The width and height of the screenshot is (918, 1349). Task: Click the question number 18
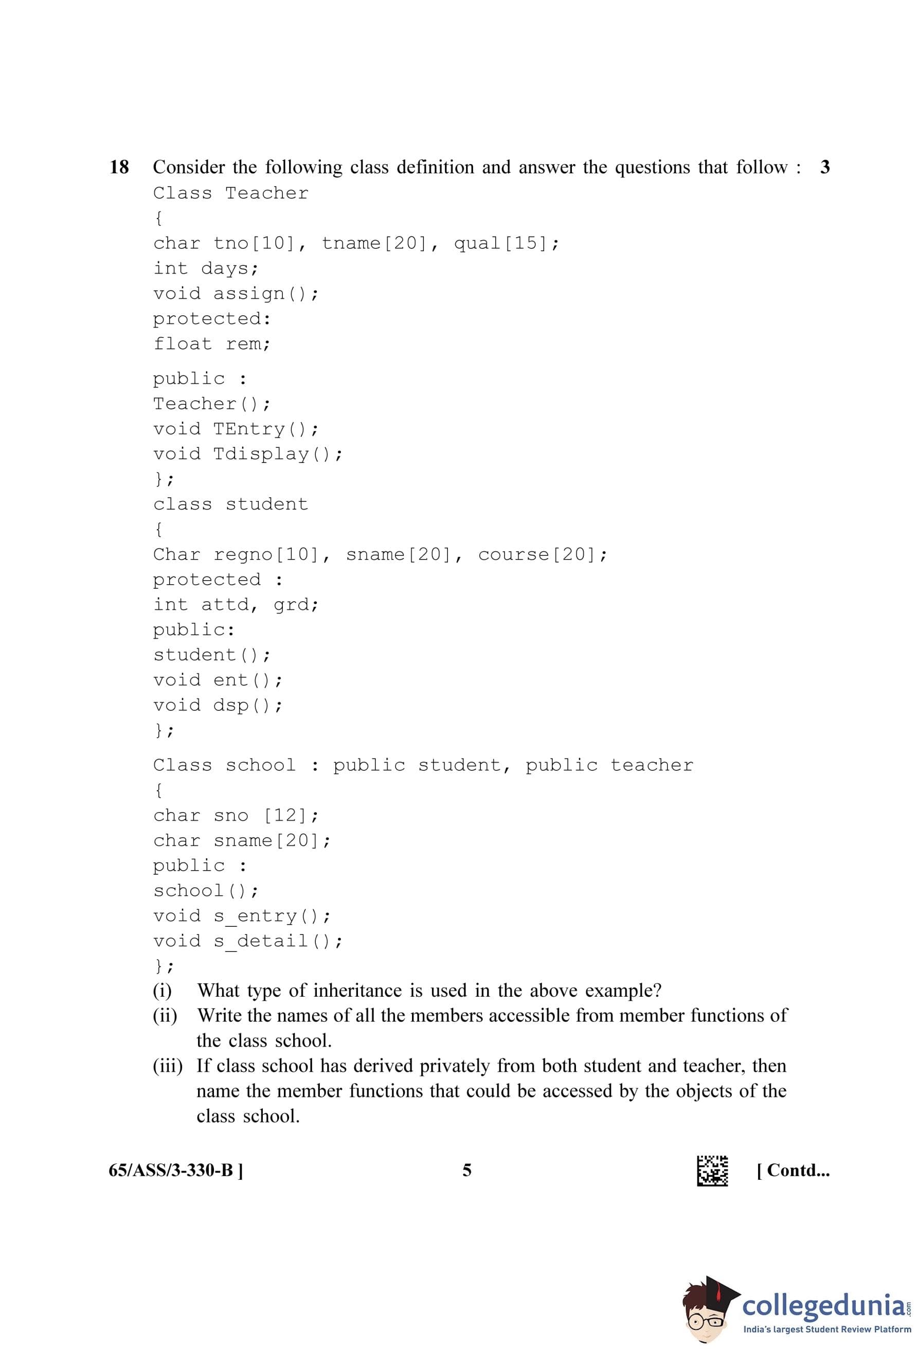click(x=119, y=167)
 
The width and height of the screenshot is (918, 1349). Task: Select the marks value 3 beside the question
click(x=824, y=167)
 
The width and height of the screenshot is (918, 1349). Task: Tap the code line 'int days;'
click(x=206, y=268)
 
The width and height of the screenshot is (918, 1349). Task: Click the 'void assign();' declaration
click(x=236, y=294)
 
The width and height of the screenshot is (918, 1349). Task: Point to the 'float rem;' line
click(x=212, y=344)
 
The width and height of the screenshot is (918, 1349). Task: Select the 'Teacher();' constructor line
click(x=212, y=403)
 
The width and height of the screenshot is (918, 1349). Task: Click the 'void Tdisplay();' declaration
click(x=248, y=453)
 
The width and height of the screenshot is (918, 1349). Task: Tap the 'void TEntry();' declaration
click(x=236, y=428)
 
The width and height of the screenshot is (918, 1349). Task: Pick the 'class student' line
click(x=230, y=504)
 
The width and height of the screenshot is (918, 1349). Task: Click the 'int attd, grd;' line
click(x=236, y=604)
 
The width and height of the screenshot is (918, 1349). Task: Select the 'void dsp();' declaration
click(x=218, y=705)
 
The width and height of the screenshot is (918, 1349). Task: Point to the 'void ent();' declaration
click(x=218, y=680)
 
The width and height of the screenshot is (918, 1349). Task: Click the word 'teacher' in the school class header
click(x=652, y=765)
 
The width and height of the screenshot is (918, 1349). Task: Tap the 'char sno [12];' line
click(x=236, y=815)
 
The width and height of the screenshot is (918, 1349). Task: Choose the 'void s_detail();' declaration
click(x=248, y=940)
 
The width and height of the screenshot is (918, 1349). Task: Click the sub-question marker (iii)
click(x=168, y=1066)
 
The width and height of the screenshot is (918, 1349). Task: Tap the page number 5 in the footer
click(x=466, y=1170)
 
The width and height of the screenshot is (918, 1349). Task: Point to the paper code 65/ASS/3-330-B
click(x=176, y=1170)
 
